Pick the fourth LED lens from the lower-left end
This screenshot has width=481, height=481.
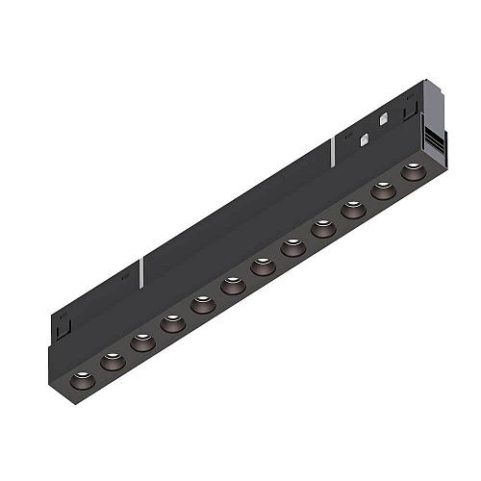(x=172, y=323)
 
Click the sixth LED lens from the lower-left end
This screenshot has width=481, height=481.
(x=232, y=286)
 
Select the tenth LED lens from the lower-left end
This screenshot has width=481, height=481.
(x=353, y=209)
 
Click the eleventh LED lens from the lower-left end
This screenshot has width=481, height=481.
(x=383, y=190)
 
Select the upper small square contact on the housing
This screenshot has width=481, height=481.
(x=384, y=121)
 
